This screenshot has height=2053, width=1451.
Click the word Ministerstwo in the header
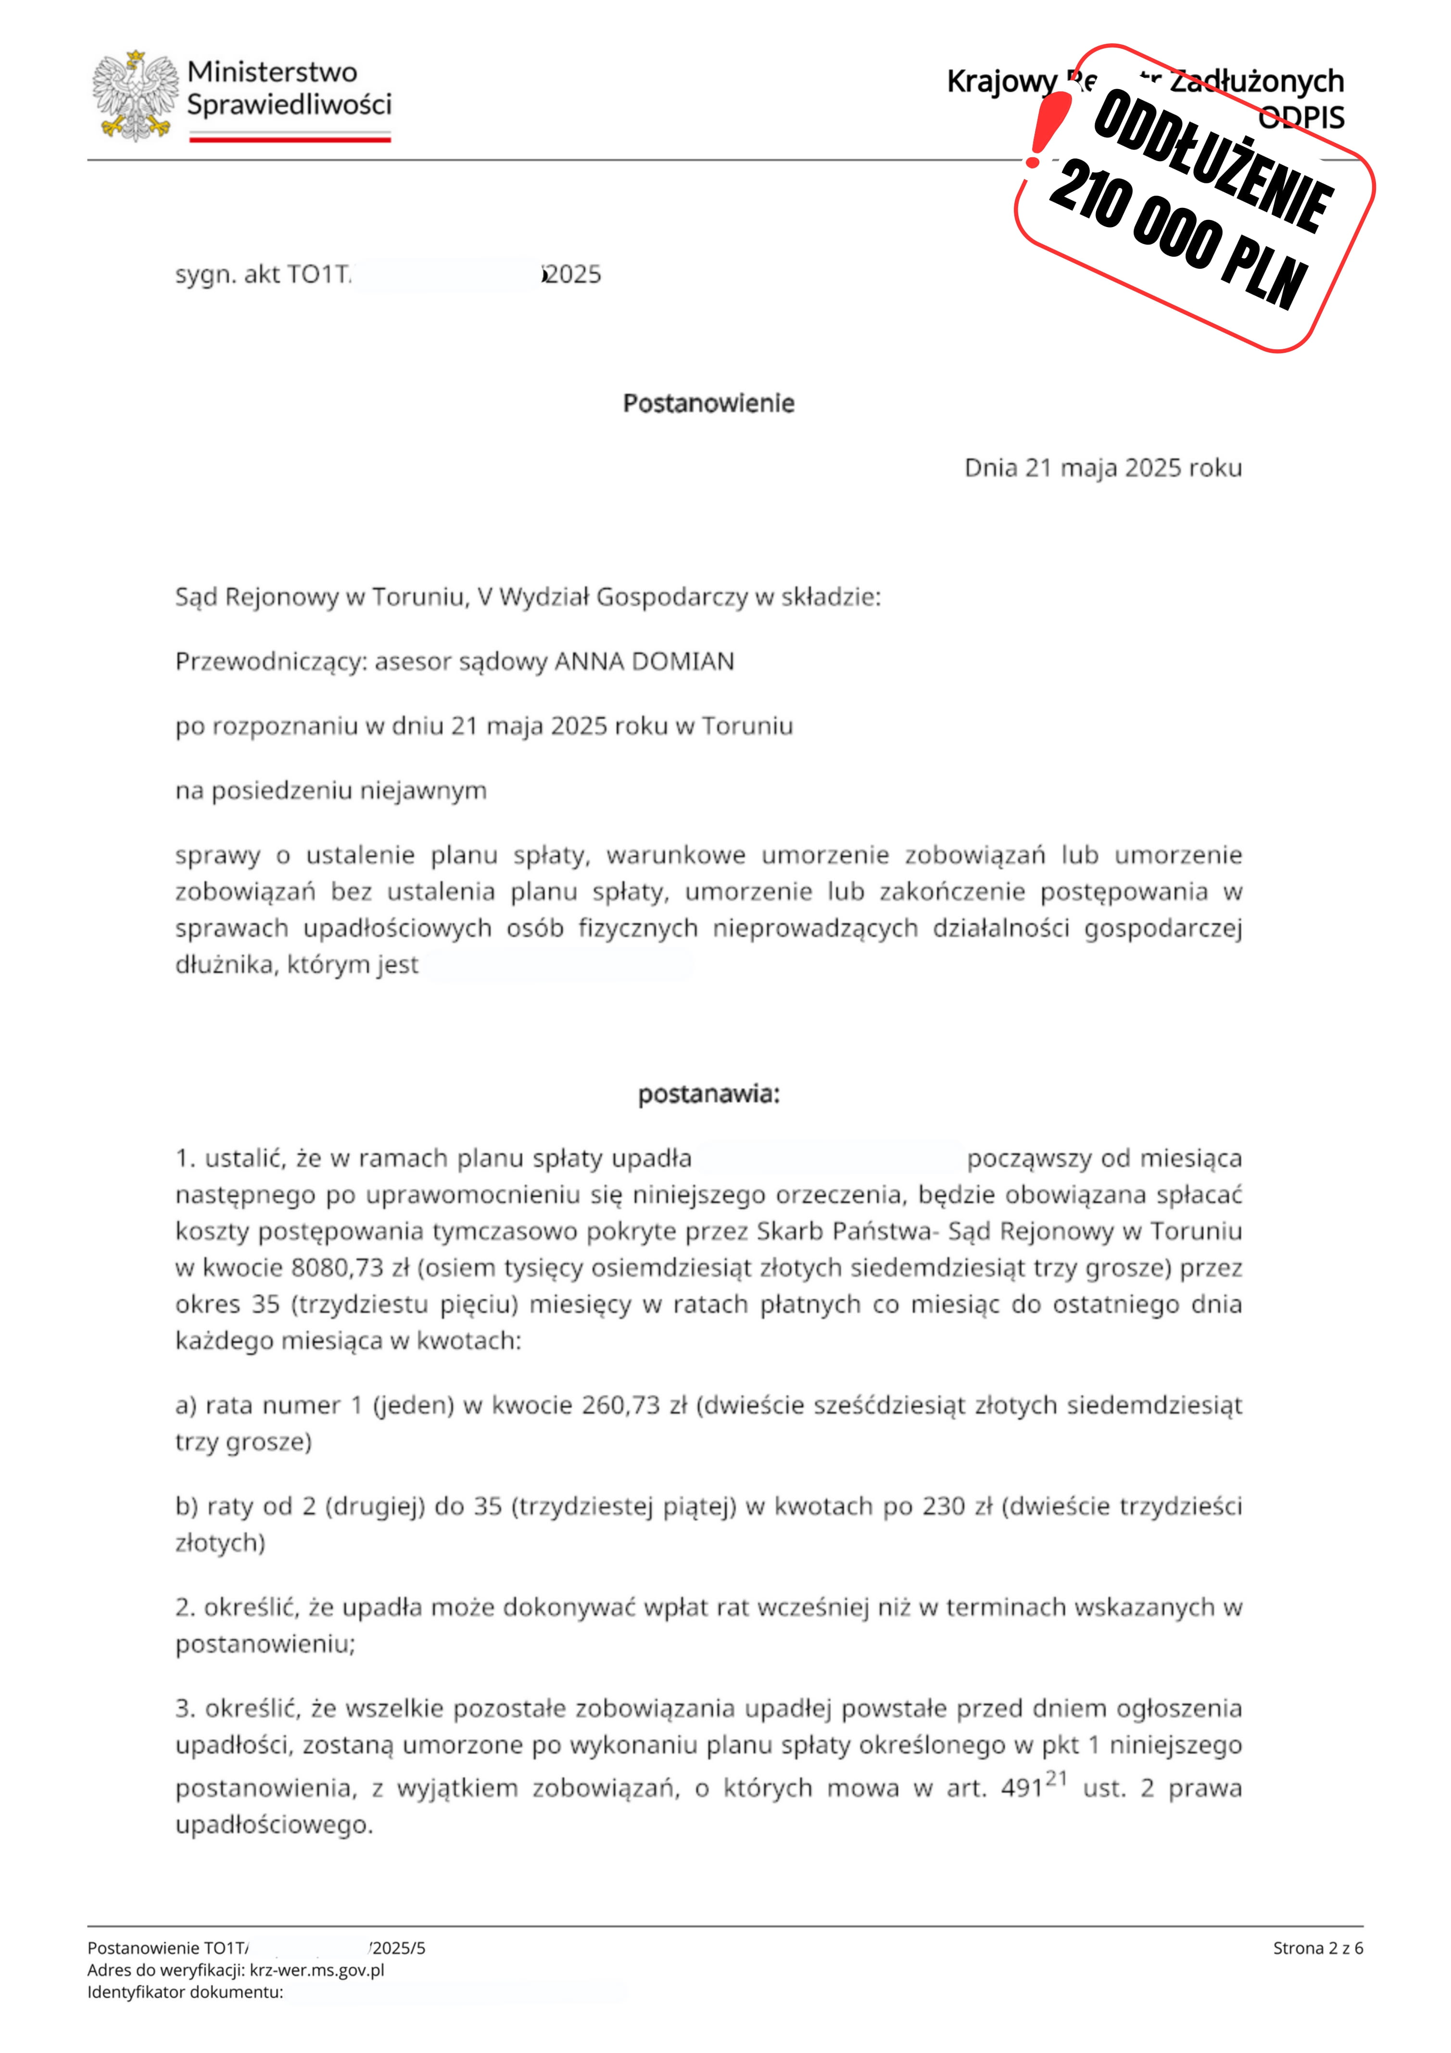(x=272, y=72)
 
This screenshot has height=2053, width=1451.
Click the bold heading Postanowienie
(x=708, y=403)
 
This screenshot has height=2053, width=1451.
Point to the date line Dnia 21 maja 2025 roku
(x=1102, y=468)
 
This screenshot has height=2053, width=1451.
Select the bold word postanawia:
(x=708, y=1094)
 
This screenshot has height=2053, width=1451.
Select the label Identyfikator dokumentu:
(x=185, y=1992)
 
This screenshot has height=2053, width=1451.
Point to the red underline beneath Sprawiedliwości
(x=290, y=139)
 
